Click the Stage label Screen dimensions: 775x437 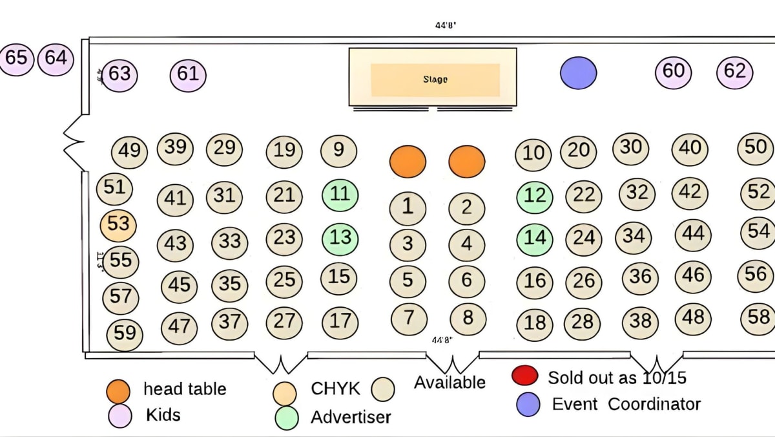pyautogui.click(x=435, y=80)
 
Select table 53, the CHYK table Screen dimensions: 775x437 pyautogui.click(x=118, y=225)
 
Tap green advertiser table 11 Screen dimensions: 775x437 pyautogui.click(x=340, y=194)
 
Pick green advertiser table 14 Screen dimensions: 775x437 pyautogui.click(x=535, y=238)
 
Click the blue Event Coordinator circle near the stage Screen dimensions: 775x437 pyautogui.click(x=577, y=72)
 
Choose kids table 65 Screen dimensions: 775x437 pyautogui.click(x=16, y=58)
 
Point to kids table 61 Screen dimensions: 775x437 pyautogui.click(x=188, y=74)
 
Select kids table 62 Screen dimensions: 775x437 pyautogui.click(x=735, y=71)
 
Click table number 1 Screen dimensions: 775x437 pyautogui.click(x=408, y=208)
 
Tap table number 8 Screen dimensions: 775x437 pyautogui.click(x=467, y=318)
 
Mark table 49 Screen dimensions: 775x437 pyautogui.click(x=130, y=151)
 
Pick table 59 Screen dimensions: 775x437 pyautogui.click(x=125, y=333)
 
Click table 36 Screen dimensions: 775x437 pyautogui.click(x=640, y=277)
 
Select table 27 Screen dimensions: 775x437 pyautogui.click(x=284, y=321)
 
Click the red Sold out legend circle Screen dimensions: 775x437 pyautogui.click(x=524, y=376)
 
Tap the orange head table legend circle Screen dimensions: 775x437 pyautogui.click(x=120, y=390)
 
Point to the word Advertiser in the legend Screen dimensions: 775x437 pyautogui.click(x=351, y=417)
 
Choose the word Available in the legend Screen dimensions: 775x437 pyautogui.click(x=449, y=383)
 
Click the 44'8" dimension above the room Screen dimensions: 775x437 pyautogui.click(x=446, y=25)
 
